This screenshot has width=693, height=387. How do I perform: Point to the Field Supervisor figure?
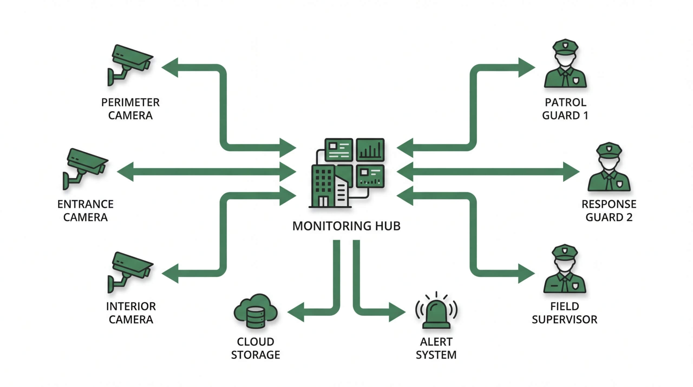565,271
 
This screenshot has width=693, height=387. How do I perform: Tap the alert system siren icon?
436,313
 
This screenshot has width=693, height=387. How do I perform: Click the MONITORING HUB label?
346,226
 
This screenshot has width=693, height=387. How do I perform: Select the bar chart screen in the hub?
370,150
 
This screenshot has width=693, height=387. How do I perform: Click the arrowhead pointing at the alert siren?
397,312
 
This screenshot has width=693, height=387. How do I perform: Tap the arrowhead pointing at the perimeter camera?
171,67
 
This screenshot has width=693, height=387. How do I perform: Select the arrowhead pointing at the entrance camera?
126,171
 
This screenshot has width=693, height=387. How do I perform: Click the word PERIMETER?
130,103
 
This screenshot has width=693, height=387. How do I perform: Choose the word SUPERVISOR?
564,320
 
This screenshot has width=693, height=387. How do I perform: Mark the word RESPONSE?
609,204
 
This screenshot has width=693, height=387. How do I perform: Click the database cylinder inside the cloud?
255,317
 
